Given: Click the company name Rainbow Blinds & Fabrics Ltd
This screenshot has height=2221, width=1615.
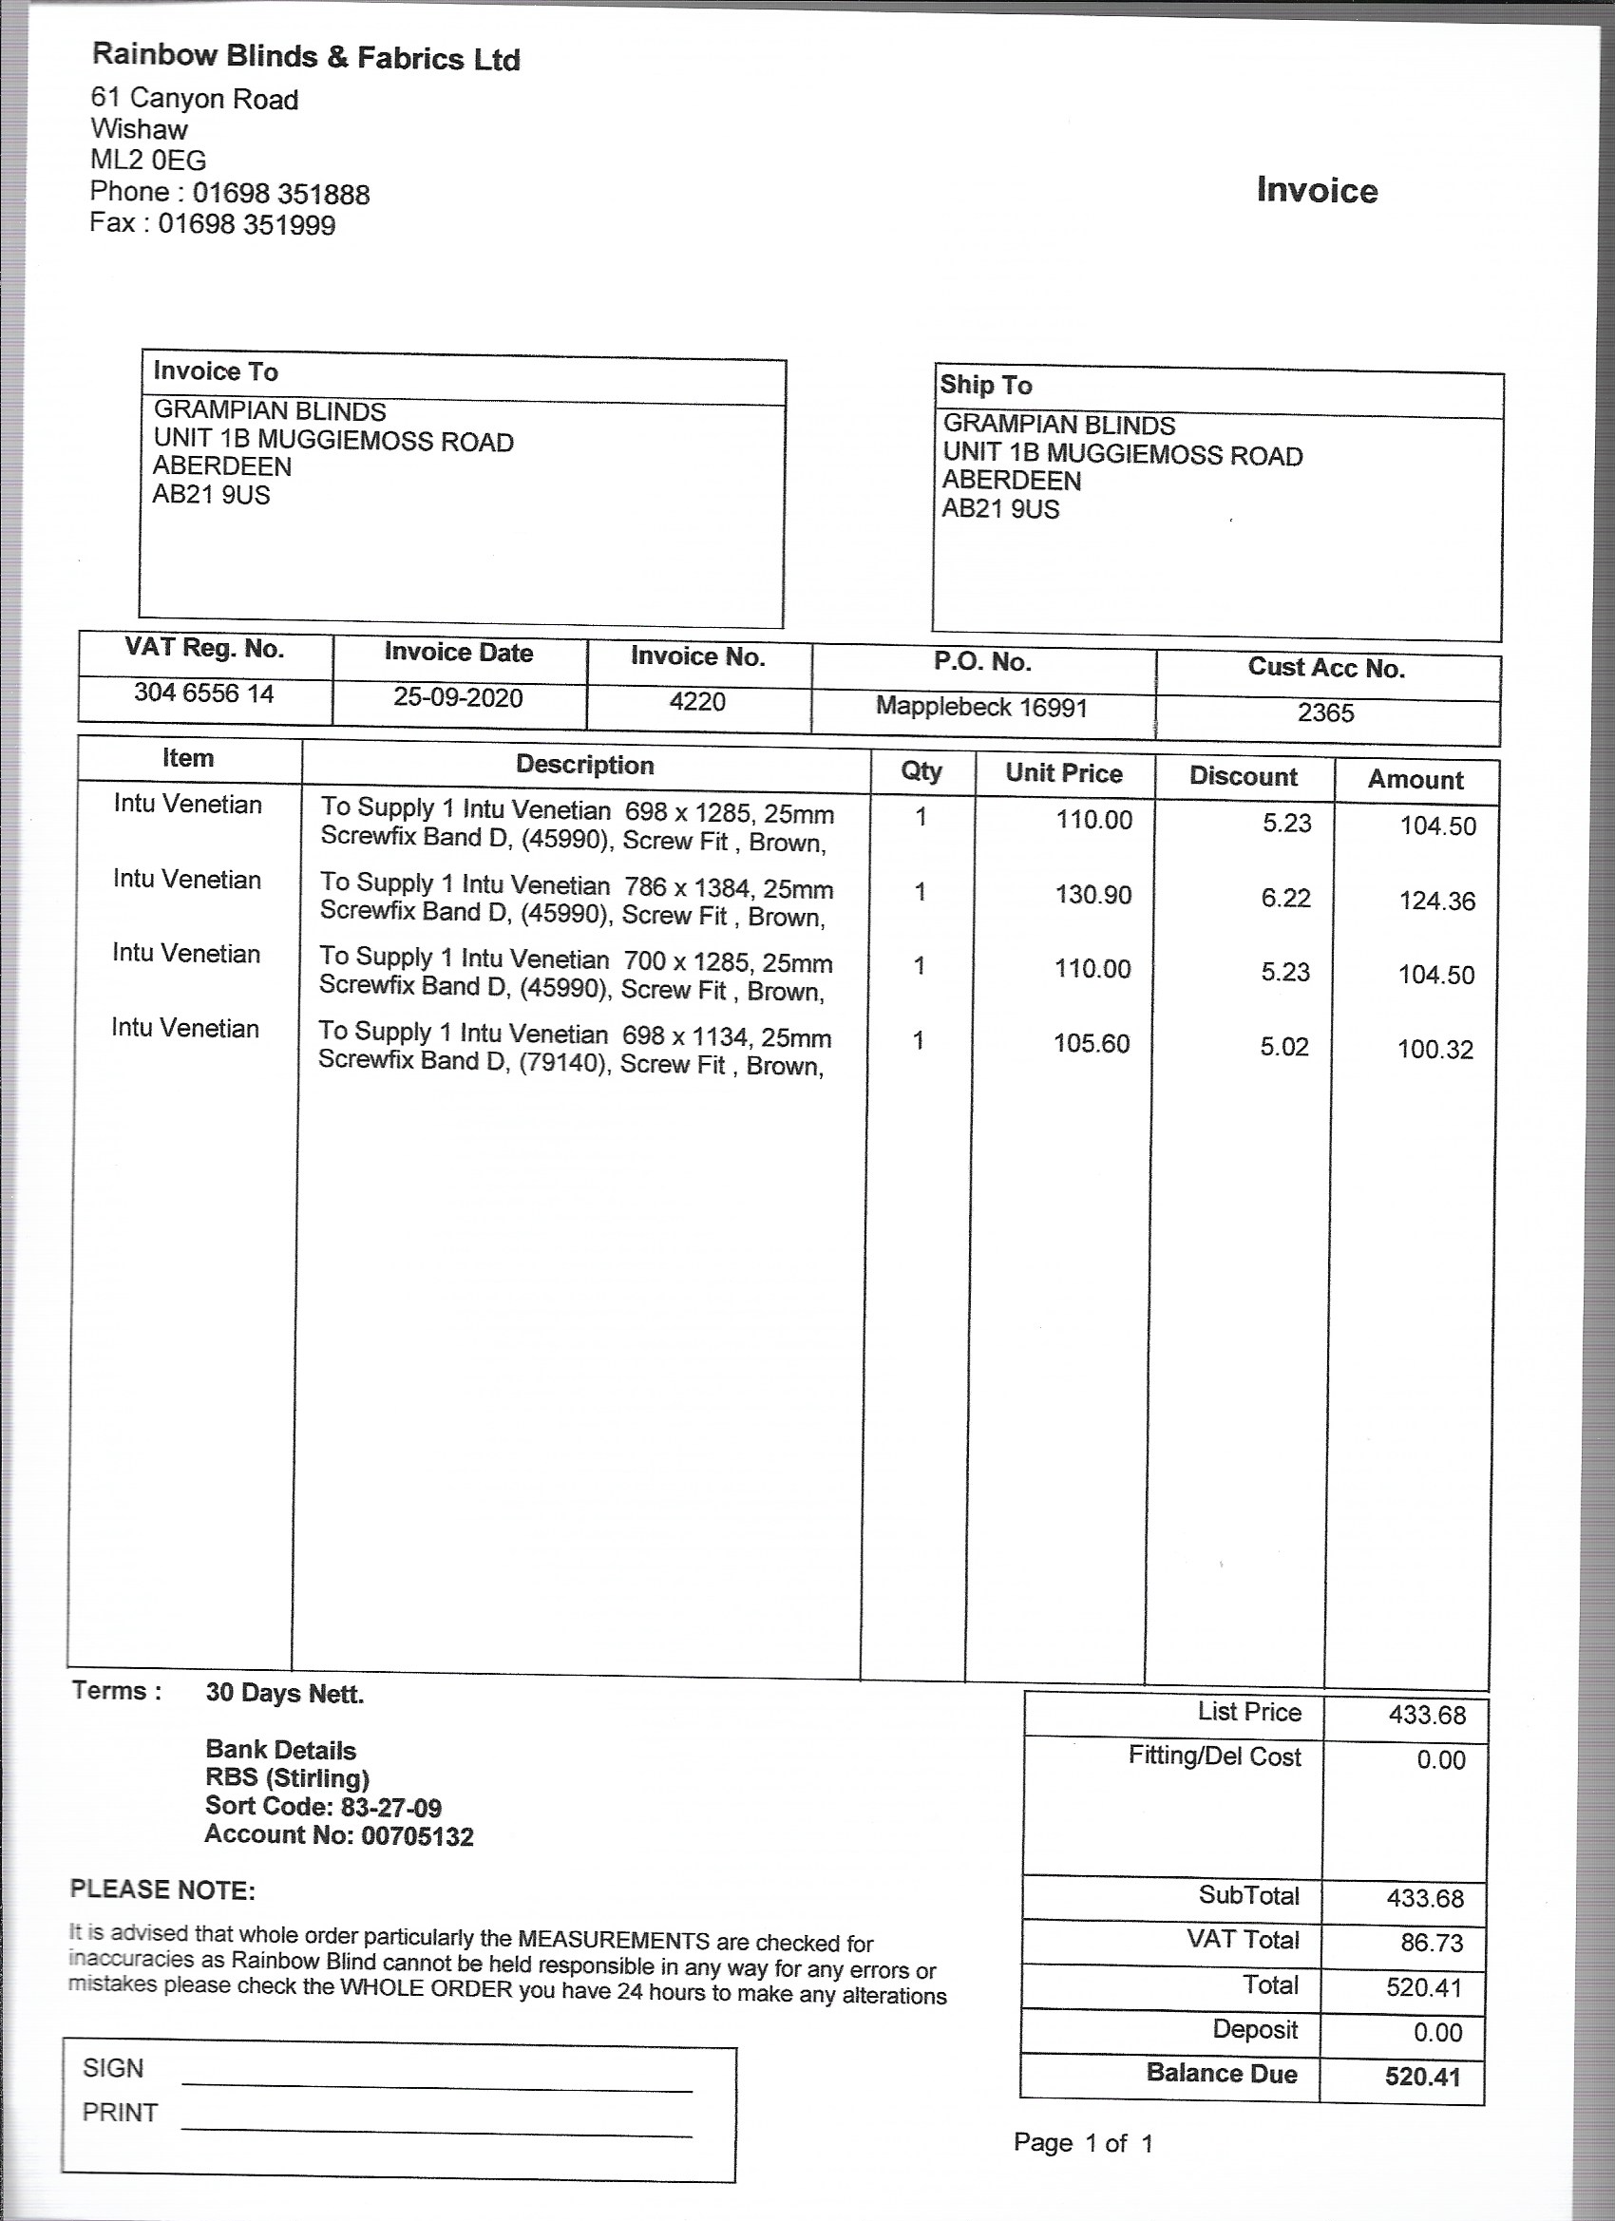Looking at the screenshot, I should pos(306,57).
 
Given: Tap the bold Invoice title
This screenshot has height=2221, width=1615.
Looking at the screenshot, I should pos(1317,190).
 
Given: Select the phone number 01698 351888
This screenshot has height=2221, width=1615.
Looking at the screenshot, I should pos(281,194).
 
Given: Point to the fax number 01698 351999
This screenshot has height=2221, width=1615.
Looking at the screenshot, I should pos(247,225).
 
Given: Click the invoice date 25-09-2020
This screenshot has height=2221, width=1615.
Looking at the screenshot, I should pos(457,697).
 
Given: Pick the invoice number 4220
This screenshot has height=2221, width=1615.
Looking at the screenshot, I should pos(697,701).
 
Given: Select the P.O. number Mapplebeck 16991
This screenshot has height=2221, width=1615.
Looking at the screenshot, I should pos(981,707).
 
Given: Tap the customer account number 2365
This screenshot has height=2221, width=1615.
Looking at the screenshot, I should pos(1326,712).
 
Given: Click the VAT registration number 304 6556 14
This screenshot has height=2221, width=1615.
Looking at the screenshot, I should pos(203,693).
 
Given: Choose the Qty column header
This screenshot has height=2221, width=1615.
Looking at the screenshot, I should pos(921,770).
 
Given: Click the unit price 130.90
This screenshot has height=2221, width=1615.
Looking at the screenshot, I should pos(1093,894).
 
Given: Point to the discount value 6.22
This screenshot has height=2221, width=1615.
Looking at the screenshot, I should pos(1285,898).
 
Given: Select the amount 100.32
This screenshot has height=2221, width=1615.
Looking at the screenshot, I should pos(1434,1050).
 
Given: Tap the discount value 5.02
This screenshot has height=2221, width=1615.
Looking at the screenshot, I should pos(1284,1047).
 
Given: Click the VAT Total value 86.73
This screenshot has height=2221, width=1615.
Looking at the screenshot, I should pos(1431,1942).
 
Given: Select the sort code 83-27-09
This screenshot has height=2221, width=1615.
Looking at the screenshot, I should pos(390,1807).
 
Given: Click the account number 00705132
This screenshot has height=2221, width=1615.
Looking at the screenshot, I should pos(417,1836).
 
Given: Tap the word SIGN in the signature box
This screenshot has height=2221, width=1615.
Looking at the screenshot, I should pos(114,2067).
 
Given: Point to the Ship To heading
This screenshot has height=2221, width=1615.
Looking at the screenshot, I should pos(985,385).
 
